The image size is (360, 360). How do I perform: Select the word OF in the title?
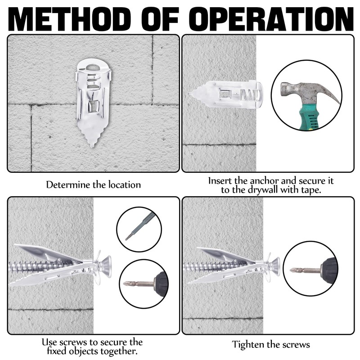tap(160, 19)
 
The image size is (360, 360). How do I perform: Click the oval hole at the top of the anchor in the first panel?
tap(93, 67)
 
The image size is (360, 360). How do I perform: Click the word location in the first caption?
tap(125, 184)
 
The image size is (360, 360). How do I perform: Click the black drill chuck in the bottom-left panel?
tap(161, 284)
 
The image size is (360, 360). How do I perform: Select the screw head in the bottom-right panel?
tap(275, 266)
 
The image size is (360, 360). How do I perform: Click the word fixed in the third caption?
tap(57, 351)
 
